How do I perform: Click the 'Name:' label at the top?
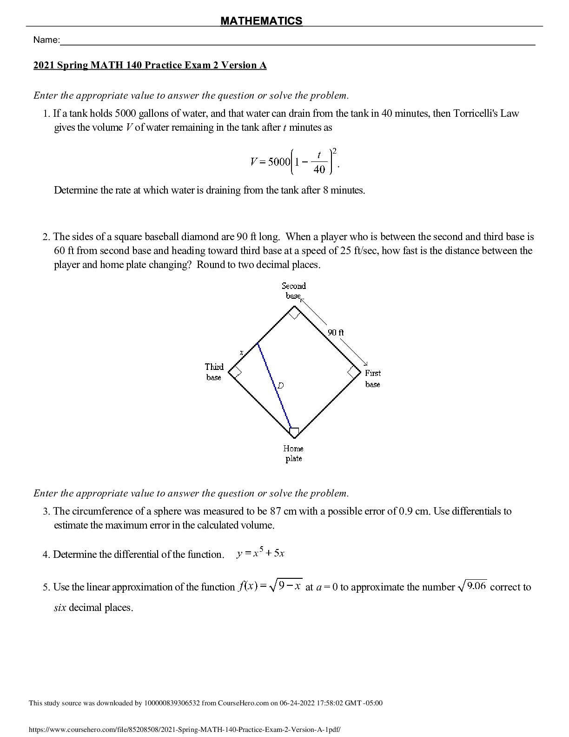[46, 40]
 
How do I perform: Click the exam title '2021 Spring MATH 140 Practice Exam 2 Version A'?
[150, 65]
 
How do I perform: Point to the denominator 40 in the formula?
[319, 169]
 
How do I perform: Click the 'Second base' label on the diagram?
[294, 291]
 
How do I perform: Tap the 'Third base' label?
[214, 372]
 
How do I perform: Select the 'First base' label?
[373, 378]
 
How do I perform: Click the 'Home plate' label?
[293, 453]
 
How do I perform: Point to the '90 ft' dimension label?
[336, 332]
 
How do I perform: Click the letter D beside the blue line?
[281, 385]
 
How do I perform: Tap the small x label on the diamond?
[241, 353]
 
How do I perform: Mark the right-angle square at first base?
[354, 372]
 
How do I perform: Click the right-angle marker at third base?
[235, 372]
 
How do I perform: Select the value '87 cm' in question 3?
[283, 511]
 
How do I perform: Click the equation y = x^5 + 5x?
[260, 553]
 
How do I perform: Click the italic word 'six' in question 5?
[60, 608]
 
